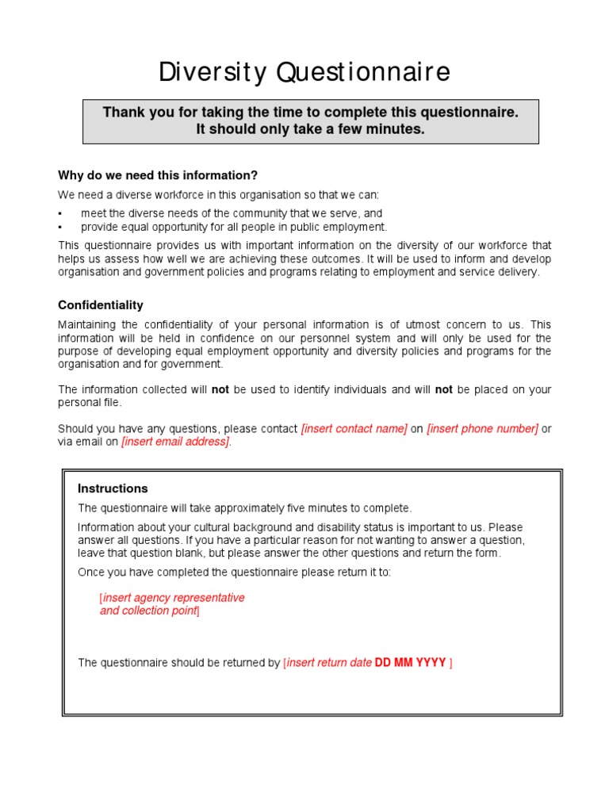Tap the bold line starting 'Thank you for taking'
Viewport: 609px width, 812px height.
pos(310,113)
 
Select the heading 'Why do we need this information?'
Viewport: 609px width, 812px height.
pos(158,175)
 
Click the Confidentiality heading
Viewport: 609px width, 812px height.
pos(101,305)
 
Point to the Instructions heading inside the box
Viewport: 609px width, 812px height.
pos(113,488)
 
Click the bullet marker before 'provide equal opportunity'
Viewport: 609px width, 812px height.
pos(60,227)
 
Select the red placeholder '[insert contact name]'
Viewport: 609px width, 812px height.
pos(354,429)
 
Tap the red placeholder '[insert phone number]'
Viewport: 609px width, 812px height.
pos(482,429)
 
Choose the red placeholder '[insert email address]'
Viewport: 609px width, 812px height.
pos(175,442)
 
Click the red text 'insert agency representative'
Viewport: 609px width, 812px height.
pos(173,598)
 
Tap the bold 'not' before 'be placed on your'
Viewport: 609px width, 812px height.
pos(444,390)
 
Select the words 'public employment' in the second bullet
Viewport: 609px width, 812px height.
pos(342,227)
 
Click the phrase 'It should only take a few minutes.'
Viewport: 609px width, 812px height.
pos(310,129)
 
